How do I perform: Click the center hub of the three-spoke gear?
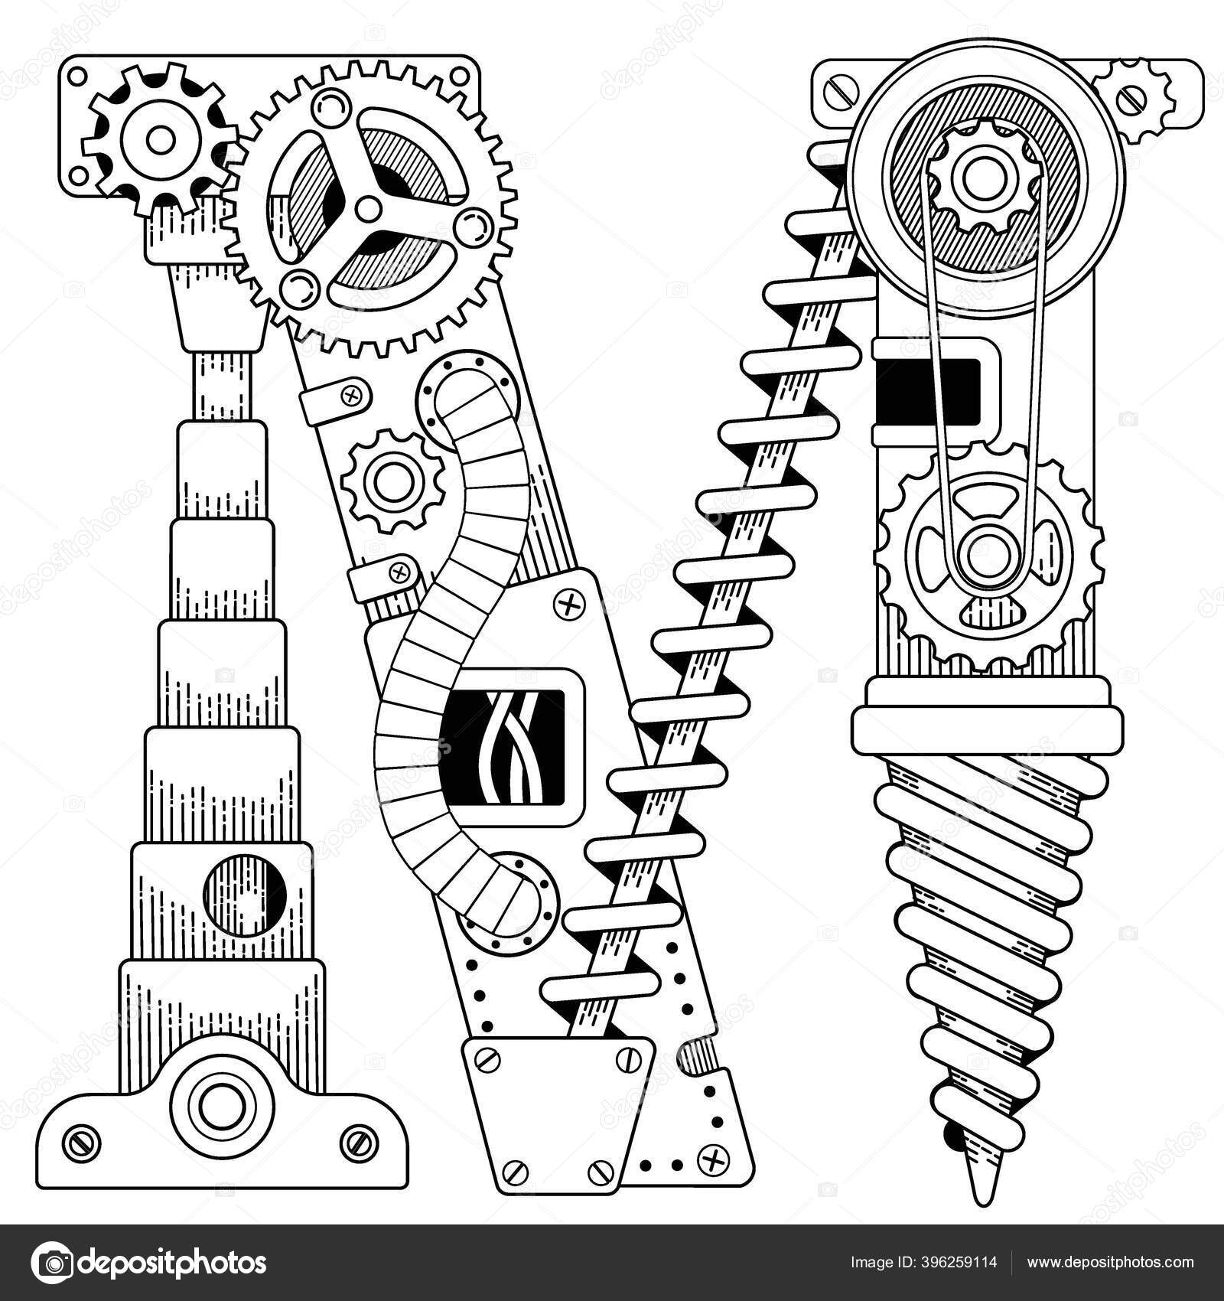[369, 207]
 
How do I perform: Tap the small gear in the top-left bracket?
[160, 139]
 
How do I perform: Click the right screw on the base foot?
[356, 1143]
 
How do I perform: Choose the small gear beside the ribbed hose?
[394, 480]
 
